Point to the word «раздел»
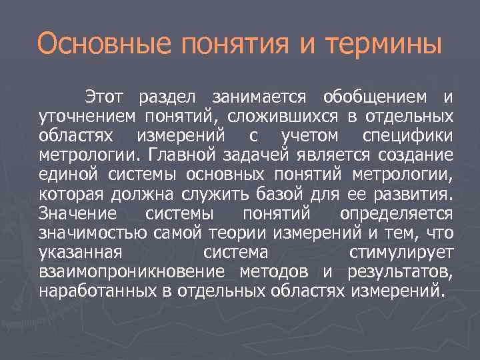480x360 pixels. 167,98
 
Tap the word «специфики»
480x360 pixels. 408,137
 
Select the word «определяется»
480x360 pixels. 396,214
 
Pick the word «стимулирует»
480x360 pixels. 401,253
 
